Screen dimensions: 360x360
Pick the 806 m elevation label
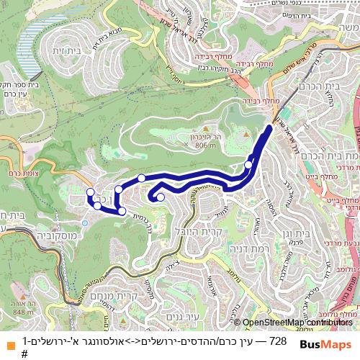point(204,145)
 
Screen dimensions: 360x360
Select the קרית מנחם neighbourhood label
point(114,296)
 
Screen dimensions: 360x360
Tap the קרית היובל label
point(197,231)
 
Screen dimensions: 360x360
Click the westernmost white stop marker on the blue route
point(90,192)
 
